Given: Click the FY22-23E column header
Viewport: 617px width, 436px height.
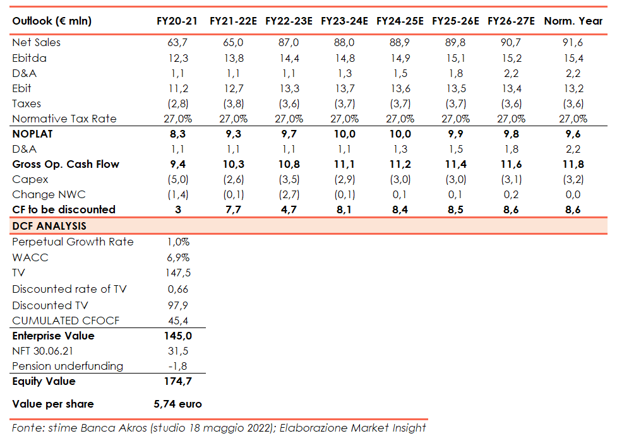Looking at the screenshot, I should tap(289, 21).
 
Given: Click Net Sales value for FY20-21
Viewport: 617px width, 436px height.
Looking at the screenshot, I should tap(177, 43).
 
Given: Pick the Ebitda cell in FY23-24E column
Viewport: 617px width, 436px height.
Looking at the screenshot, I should tap(344, 58).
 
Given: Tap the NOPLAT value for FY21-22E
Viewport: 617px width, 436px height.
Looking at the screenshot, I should tap(233, 134).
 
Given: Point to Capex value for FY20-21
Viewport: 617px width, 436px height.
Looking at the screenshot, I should tap(177, 179).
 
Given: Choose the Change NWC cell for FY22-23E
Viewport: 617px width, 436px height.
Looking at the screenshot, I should tap(289, 194).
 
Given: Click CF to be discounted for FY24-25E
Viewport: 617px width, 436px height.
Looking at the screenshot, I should tap(400, 209).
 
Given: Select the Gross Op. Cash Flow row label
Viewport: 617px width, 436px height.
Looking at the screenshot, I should tap(66, 164).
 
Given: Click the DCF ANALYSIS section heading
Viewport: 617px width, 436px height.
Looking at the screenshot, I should tap(49, 226).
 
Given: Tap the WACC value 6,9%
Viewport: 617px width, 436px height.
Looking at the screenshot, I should tap(177, 258).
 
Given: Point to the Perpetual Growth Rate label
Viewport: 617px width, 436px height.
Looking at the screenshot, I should tap(73, 242).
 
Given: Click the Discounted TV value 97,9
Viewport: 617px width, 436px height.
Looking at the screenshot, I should tap(177, 305).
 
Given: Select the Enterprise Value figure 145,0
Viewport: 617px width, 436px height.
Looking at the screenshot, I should tap(177, 336).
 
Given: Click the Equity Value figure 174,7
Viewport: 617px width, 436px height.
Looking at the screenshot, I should tap(177, 381).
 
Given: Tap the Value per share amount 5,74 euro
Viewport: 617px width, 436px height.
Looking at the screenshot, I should tap(177, 404).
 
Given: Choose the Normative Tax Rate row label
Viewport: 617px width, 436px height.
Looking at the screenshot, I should tap(64, 119).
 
